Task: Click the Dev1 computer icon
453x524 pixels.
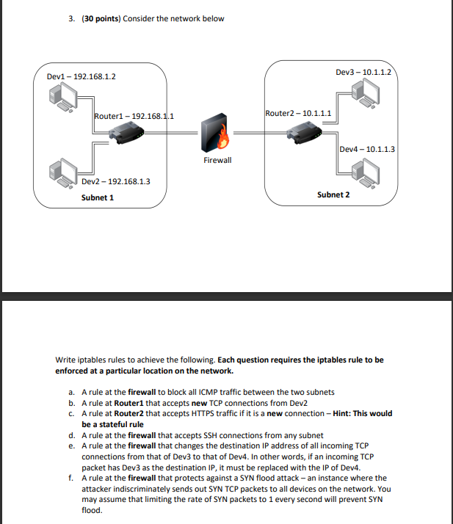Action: click(63, 95)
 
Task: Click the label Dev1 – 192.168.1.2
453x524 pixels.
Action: click(81, 76)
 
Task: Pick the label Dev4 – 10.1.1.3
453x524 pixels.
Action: click(368, 149)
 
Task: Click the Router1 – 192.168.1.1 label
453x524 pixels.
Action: click(133, 116)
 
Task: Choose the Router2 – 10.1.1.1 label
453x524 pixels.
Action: click(298, 113)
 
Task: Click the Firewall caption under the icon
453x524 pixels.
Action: click(217, 159)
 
